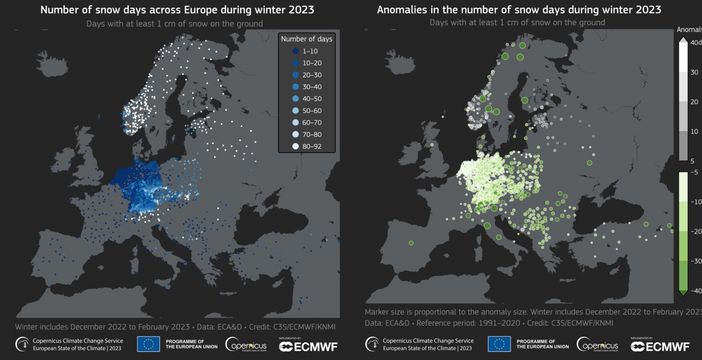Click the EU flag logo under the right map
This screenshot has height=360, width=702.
pos(499,344)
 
